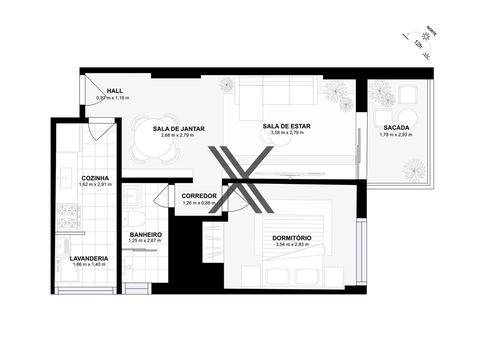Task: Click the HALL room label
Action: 114,90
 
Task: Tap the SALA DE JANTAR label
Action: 178,128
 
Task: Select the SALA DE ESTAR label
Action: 283,126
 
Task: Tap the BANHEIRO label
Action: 145,234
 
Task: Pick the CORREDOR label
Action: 199,196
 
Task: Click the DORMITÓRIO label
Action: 292,238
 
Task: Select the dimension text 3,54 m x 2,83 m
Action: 292,245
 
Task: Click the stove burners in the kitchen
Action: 69,216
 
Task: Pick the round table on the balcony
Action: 408,118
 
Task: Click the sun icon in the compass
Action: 426,36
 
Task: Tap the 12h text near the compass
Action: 417,43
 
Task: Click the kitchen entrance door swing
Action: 98,129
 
